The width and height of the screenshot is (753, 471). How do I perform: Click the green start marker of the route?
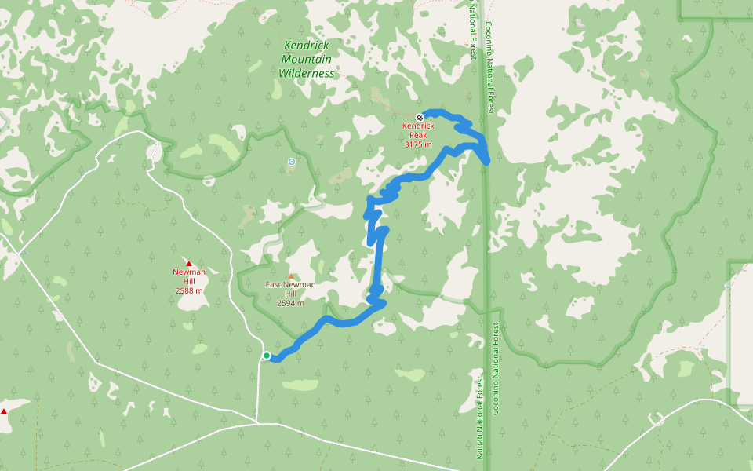click(x=267, y=356)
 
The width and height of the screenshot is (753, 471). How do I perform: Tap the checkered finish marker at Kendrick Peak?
click(x=420, y=118)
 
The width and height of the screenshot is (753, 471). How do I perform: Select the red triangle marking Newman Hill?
click(x=189, y=263)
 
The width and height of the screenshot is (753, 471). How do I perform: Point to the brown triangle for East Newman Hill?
click(x=292, y=276)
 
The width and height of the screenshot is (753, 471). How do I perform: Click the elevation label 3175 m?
click(x=418, y=144)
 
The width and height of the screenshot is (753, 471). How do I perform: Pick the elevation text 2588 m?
click(x=189, y=290)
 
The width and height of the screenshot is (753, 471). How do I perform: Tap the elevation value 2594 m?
click(x=290, y=303)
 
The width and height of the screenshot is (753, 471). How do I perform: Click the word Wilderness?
click(x=306, y=74)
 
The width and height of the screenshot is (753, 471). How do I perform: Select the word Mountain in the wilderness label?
click(x=306, y=60)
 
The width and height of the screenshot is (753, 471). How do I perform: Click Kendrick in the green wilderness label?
click(x=306, y=46)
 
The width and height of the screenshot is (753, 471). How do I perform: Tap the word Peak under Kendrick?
click(x=418, y=135)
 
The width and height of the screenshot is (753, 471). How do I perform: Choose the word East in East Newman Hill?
click(x=274, y=284)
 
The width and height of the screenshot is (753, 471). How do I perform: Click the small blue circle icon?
click(x=292, y=162)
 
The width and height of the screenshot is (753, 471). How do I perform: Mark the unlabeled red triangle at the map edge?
click(x=3, y=411)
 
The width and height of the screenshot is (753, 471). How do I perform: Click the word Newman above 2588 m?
click(x=189, y=272)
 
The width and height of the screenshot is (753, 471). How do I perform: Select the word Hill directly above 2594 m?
click(x=290, y=294)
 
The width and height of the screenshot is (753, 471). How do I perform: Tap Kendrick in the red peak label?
click(x=418, y=126)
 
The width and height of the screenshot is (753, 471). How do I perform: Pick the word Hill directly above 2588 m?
click(x=189, y=281)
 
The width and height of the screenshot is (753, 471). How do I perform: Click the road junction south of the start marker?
click(x=256, y=422)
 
